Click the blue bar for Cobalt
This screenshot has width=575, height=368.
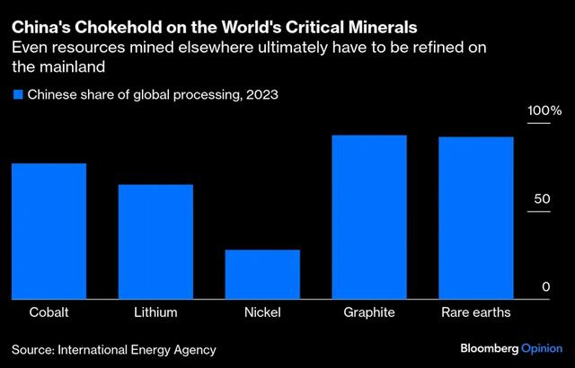point(49,231)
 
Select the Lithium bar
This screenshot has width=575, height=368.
point(155,241)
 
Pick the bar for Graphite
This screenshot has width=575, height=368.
point(369,216)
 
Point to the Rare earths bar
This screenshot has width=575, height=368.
point(476,217)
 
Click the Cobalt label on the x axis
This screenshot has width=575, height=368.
point(49,313)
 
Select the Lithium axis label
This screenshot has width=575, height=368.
point(155,313)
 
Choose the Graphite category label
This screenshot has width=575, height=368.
point(369,313)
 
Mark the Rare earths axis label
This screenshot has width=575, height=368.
point(476,313)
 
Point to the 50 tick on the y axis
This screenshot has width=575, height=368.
point(539,197)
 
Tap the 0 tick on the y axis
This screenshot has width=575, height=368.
point(544,286)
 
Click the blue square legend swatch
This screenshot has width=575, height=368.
point(16,94)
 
